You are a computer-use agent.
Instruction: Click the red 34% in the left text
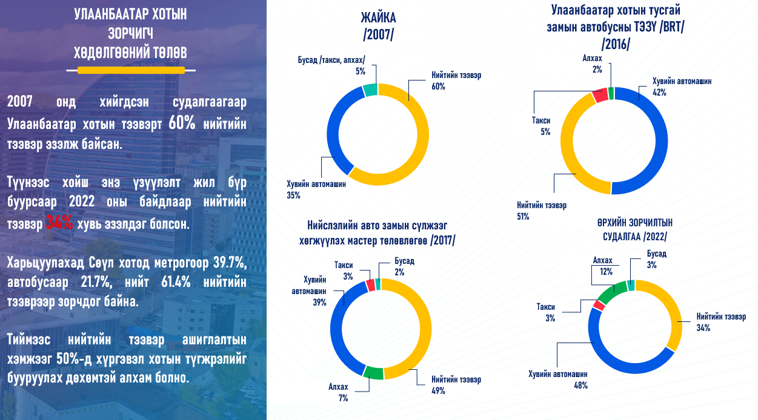click(x=59, y=224)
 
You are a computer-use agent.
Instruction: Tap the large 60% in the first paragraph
click(x=182, y=123)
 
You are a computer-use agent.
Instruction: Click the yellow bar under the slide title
click(x=131, y=71)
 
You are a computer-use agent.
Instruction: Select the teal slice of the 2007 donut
click(x=370, y=90)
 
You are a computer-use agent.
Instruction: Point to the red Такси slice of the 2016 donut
click(x=600, y=95)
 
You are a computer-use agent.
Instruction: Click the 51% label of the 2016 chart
click(x=523, y=216)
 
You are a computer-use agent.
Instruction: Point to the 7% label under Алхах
click(x=343, y=398)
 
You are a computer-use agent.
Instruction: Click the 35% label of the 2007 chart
click(x=293, y=195)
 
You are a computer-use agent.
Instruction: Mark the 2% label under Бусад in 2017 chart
click(x=401, y=272)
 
